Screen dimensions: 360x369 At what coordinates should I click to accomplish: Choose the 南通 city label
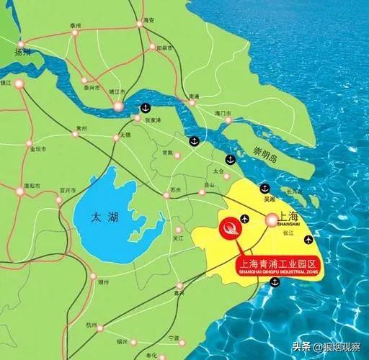point(192,96)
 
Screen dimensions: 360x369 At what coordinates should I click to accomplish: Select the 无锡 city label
point(125,135)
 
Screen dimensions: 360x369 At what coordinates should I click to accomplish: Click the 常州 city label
point(81,128)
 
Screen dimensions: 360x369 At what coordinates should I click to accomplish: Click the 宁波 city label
point(174,338)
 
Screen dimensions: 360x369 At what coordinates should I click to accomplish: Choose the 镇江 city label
point(7,84)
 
